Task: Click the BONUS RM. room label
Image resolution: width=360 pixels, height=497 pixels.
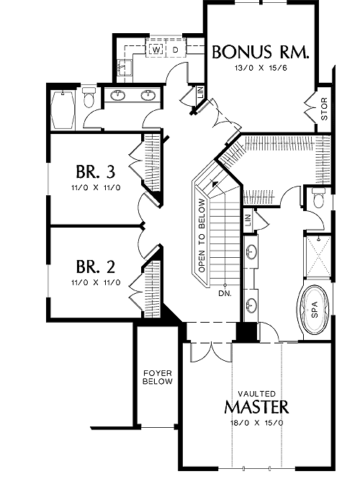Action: (260, 52)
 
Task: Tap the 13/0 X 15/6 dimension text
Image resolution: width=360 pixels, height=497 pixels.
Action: (261, 68)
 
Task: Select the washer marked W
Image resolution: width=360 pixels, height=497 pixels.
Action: (156, 50)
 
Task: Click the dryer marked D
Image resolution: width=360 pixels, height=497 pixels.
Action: (176, 50)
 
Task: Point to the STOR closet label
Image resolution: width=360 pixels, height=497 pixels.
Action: (324, 109)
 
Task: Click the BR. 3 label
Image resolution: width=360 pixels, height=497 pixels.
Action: (95, 172)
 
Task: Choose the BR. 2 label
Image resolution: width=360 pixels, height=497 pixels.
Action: (95, 267)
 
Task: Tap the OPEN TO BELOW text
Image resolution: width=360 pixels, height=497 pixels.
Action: (202, 236)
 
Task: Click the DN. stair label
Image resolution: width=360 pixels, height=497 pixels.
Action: (225, 293)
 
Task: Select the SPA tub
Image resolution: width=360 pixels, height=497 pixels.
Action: (315, 309)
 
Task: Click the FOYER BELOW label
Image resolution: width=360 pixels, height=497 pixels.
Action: (157, 377)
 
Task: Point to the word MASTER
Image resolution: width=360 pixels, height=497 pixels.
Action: (257, 407)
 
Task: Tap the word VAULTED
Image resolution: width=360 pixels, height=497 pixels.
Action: (257, 394)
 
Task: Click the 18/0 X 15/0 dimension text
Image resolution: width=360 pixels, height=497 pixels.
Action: (257, 423)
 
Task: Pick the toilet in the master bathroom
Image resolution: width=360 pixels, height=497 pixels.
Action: (318, 198)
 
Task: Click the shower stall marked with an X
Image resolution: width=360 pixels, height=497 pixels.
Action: (318, 256)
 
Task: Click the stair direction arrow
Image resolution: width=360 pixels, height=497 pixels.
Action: (215, 183)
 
